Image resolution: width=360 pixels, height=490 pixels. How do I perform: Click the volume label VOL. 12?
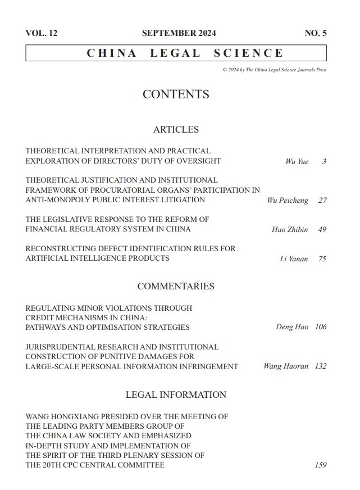point(42,33)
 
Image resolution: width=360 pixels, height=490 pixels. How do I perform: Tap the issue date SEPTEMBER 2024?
point(179,33)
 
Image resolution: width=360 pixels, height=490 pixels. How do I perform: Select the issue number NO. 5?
point(316,33)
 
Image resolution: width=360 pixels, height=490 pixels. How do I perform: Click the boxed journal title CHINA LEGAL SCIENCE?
point(185,53)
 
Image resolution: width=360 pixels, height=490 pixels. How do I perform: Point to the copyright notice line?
point(274,70)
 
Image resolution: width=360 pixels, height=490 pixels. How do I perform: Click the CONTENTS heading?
point(176,94)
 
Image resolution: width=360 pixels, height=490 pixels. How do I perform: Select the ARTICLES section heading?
point(176,129)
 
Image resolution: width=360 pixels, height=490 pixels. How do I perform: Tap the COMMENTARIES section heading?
point(176,286)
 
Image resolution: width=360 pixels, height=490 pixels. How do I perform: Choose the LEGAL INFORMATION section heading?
point(176,394)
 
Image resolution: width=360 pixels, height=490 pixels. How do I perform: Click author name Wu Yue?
point(297,162)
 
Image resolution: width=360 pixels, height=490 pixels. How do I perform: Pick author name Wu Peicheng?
point(288,201)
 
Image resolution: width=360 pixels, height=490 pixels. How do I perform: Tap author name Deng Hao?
point(292,327)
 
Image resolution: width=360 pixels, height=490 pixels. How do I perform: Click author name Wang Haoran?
point(286,366)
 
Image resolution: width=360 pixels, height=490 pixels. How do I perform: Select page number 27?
point(322,201)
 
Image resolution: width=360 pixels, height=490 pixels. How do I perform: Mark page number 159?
point(320,465)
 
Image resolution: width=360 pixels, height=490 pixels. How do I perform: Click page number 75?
point(322,259)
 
